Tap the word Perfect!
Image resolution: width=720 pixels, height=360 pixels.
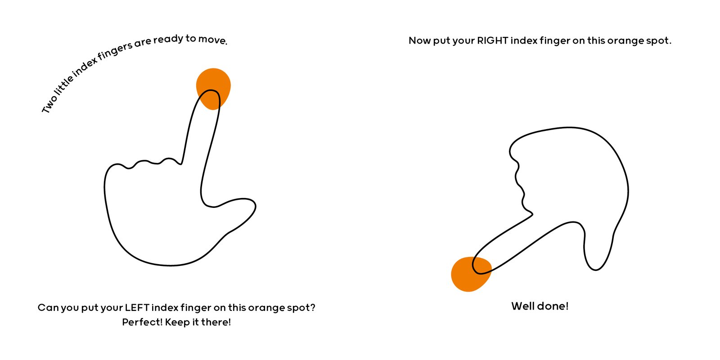pyautogui.click(x=142, y=322)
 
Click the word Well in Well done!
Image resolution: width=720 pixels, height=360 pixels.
pyautogui.click(x=522, y=306)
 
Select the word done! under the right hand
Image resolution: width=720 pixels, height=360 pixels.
pyautogui.click(x=553, y=306)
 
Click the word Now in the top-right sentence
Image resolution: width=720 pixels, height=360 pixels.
pyautogui.click(x=419, y=41)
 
